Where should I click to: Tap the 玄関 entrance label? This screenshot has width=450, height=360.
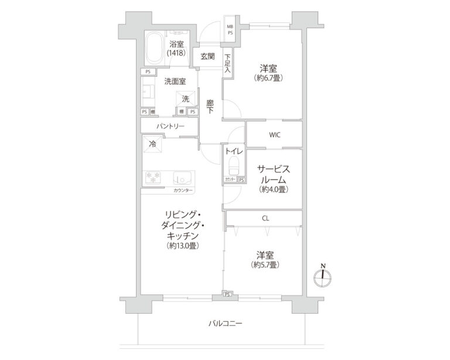point(207,57)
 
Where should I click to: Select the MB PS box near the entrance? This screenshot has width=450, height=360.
point(230,30)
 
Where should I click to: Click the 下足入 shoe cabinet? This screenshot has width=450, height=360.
point(227,64)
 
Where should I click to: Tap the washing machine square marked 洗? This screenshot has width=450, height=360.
point(185,99)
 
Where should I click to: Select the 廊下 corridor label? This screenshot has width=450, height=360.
point(210,107)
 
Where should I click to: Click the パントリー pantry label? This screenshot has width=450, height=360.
point(170,127)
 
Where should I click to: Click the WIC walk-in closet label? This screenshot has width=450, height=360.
point(274,135)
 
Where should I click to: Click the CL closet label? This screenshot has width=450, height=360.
point(265,218)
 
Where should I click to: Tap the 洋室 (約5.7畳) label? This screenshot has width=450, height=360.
point(265,259)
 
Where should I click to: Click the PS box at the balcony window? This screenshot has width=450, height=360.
point(227,294)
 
